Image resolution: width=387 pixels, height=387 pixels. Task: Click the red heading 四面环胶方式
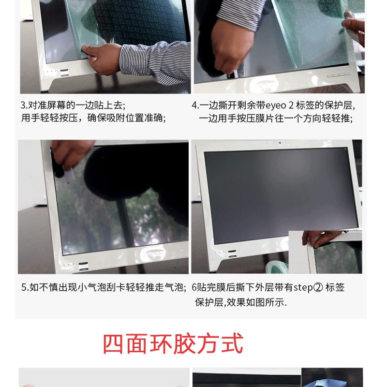[x=173, y=343]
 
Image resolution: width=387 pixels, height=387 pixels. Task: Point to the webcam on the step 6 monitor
[x=280, y=143]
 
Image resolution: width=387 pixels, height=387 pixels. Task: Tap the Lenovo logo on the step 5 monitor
[x=153, y=253]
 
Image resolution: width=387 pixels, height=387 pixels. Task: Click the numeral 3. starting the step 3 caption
[x=24, y=105]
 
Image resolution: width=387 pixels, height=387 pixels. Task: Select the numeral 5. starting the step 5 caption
[x=25, y=287]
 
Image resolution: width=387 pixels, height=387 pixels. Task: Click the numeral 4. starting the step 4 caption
[x=195, y=105]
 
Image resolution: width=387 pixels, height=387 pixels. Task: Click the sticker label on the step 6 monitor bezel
[x=232, y=254]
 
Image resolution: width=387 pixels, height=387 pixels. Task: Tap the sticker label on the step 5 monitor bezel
[x=83, y=267]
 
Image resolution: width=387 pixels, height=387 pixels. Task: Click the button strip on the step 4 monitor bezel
[x=339, y=75]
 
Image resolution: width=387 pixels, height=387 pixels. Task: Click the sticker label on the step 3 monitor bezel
[x=64, y=73]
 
